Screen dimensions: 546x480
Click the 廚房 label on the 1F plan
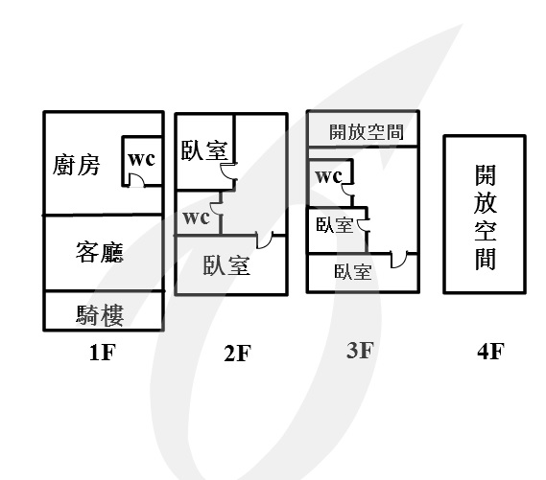[76, 165]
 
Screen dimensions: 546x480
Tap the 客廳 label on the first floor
[100, 252]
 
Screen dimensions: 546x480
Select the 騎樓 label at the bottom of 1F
[100, 315]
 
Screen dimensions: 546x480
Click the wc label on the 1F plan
[141, 159]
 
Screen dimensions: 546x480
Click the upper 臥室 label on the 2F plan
[204, 150]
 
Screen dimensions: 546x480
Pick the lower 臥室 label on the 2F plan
[226, 265]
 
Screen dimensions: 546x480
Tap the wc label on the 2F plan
[196, 217]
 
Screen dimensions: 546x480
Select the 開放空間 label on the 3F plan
[367, 131]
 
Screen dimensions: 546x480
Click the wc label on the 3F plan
[329, 176]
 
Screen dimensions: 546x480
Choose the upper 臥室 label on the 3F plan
[334, 225]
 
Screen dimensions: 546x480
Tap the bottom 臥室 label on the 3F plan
[353, 271]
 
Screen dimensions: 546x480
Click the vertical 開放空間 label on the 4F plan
[486, 217]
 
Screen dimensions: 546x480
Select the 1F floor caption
[102, 353]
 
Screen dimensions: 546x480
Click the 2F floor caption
[237, 354]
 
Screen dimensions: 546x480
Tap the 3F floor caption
[361, 350]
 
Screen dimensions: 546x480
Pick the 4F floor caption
[490, 351]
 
